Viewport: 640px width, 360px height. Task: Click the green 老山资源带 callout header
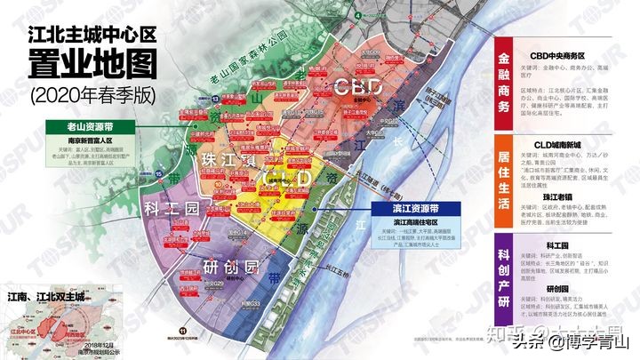89,127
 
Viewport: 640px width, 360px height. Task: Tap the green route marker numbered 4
356,16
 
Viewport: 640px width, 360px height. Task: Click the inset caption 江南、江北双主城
52,295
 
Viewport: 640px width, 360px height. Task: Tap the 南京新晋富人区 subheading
89,140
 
